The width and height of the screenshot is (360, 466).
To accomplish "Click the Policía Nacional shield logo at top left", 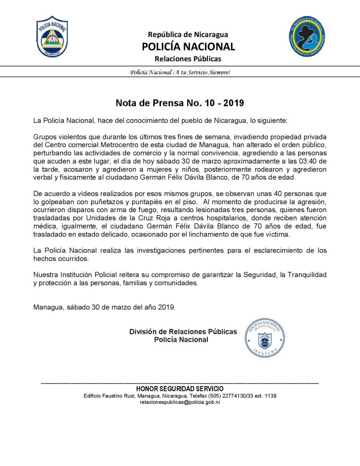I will (52, 37).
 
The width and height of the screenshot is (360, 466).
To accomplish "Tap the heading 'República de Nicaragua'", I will (188, 35).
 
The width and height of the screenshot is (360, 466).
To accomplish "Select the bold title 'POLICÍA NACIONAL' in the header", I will (188, 47).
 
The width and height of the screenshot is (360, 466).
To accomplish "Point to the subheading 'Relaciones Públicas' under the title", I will (188, 59).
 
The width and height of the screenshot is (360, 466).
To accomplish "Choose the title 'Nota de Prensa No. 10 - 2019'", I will (180, 103).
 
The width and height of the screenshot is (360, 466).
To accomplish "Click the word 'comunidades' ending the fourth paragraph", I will (177, 283).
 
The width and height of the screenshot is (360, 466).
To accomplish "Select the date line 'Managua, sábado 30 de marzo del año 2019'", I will (104, 307).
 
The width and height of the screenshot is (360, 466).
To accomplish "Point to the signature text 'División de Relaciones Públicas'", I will (183, 332).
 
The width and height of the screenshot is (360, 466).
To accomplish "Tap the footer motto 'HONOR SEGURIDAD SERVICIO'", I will (180, 389).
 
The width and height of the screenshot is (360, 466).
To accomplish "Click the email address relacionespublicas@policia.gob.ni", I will (180, 403).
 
